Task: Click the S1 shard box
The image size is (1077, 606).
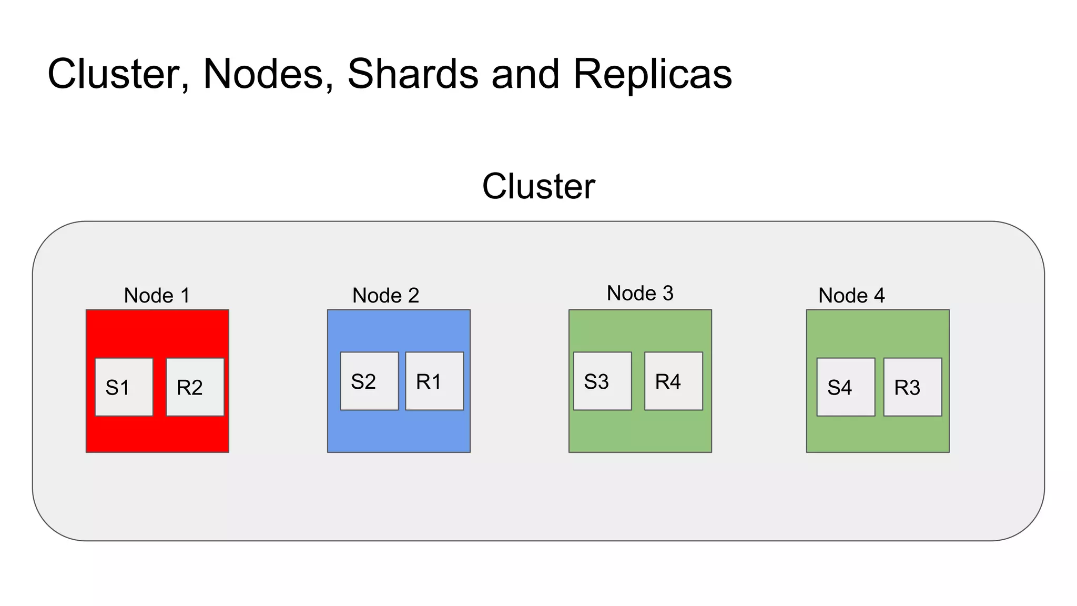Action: [124, 387]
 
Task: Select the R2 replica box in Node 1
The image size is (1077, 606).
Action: [195, 387]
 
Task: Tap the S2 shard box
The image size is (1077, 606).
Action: [369, 381]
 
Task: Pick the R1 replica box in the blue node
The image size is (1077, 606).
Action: [434, 381]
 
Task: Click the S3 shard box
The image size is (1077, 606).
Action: [602, 381]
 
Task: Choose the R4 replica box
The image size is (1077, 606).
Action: [674, 381]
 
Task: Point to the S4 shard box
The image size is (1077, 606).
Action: [846, 387]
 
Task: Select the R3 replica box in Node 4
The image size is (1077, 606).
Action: [912, 387]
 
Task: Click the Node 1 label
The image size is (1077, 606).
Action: [157, 296]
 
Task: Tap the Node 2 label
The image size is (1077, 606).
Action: [385, 296]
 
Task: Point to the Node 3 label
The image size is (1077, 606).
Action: [640, 294]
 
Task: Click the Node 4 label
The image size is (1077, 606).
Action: [851, 296]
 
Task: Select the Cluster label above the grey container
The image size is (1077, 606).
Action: [538, 186]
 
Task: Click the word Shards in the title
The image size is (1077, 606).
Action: [413, 74]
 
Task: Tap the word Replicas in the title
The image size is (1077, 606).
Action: [652, 74]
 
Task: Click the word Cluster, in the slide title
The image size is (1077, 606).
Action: [118, 74]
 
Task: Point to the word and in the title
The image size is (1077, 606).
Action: [525, 74]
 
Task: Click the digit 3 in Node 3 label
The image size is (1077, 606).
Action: [668, 294]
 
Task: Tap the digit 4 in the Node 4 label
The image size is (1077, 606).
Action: [879, 296]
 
